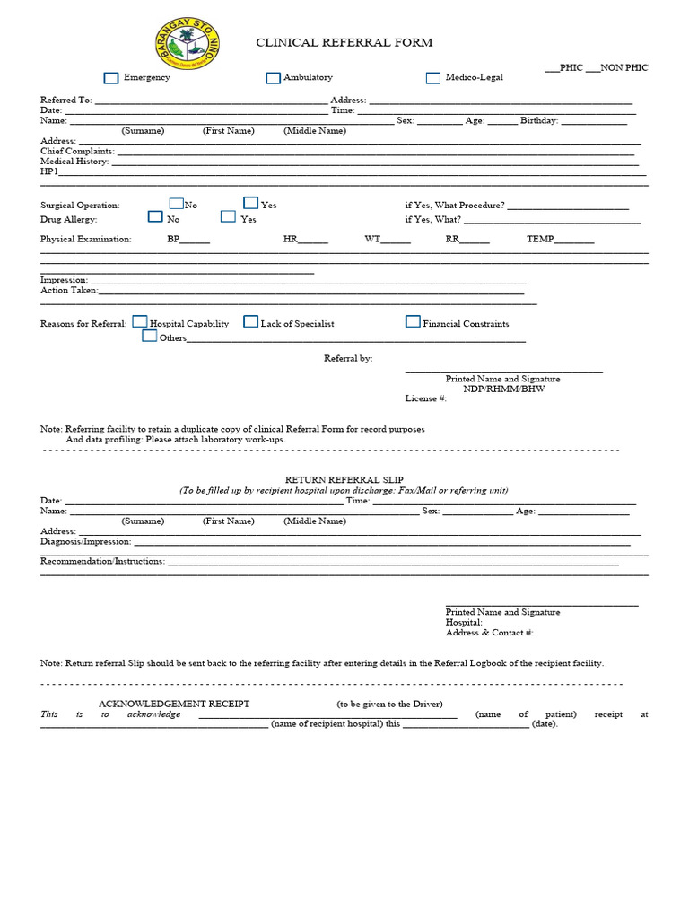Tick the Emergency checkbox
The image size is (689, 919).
(111, 78)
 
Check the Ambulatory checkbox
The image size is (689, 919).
(273, 78)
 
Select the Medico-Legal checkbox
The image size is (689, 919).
(433, 78)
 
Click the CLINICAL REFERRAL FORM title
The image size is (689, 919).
(344, 42)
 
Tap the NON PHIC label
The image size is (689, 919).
(624, 67)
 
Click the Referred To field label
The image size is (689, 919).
(65, 101)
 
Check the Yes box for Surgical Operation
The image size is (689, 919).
(251, 204)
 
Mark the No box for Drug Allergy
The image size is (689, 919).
(155, 216)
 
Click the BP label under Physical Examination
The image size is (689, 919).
(173, 240)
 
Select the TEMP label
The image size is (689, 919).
(540, 240)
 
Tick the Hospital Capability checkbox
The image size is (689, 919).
(140, 321)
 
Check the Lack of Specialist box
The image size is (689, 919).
(251, 321)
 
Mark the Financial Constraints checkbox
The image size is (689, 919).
(413, 321)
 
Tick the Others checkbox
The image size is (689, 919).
(149, 336)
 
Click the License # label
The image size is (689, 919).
(425, 398)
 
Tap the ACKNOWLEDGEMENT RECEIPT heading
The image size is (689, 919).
(174, 704)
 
